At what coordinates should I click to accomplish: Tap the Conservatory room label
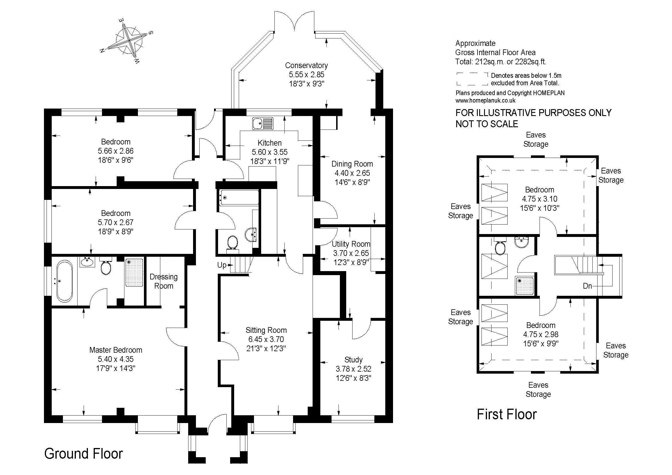click(x=306, y=65)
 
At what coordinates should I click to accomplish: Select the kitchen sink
click(x=263, y=123)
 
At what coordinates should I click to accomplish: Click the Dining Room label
click(x=352, y=164)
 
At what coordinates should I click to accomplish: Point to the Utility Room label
click(x=351, y=244)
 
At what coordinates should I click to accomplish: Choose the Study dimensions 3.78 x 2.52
click(x=353, y=369)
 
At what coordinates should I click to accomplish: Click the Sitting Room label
click(x=266, y=330)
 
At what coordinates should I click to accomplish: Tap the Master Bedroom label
click(x=115, y=350)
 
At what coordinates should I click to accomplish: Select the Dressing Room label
click(x=163, y=281)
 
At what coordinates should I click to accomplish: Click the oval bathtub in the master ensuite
click(x=64, y=281)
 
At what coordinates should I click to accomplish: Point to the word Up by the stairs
click(x=222, y=265)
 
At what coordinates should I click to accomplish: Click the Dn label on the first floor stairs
click(x=587, y=286)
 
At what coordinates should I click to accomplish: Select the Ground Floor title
click(x=83, y=454)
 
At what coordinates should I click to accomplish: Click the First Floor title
click(x=507, y=414)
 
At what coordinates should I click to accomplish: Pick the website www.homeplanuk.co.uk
click(x=485, y=101)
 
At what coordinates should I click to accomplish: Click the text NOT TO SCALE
click(x=486, y=124)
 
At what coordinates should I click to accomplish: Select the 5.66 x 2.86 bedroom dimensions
click(x=115, y=151)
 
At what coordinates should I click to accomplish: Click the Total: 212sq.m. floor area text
click(x=500, y=62)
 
